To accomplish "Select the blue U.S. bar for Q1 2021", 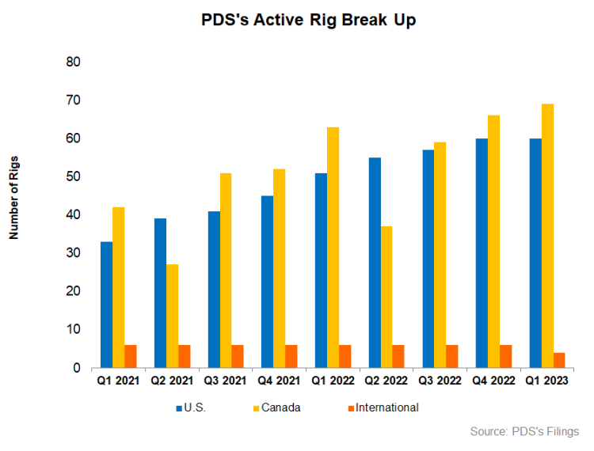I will click(106, 305).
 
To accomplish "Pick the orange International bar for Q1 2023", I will click(558, 360).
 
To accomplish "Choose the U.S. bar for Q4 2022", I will click(481, 253).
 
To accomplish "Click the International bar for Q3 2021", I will click(238, 356).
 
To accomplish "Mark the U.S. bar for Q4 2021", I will click(267, 282).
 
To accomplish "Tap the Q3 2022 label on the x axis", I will click(440, 381).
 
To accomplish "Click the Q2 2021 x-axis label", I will click(172, 381).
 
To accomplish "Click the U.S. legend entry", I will click(194, 407).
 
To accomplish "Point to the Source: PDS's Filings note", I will click(524, 431).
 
